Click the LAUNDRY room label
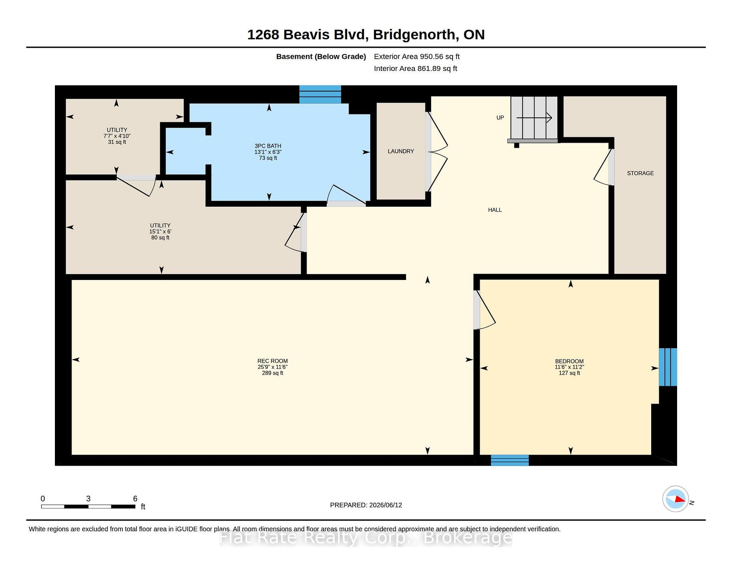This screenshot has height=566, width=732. pyautogui.click(x=401, y=151)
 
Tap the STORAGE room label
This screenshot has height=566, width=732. pyautogui.click(x=640, y=173)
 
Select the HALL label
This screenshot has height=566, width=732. pyautogui.click(x=495, y=210)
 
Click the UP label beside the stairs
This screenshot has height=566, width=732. pyautogui.click(x=500, y=118)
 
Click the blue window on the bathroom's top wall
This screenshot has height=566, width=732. pyautogui.click(x=320, y=94)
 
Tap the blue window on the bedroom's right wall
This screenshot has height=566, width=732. pyautogui.click(x=668, y=367)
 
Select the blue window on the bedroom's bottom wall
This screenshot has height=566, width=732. pyautogui.click(x=510, y=460)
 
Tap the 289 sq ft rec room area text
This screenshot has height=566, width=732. pyautogui.click(x=273, y=373)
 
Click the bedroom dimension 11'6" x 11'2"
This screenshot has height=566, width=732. pyautogui.click(x=569, y=367)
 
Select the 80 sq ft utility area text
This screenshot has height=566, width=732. pyautogui.click(x=160, y=238)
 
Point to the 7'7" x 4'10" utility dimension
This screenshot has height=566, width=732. pyautogui.click(x=117, y=136)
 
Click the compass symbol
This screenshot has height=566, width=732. pyautogui.click(x=676, y=499)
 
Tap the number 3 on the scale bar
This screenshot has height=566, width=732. pyautogui.click(x=88, y=498)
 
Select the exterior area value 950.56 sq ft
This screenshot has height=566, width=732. pyautogui.click(x=440, y=56)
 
